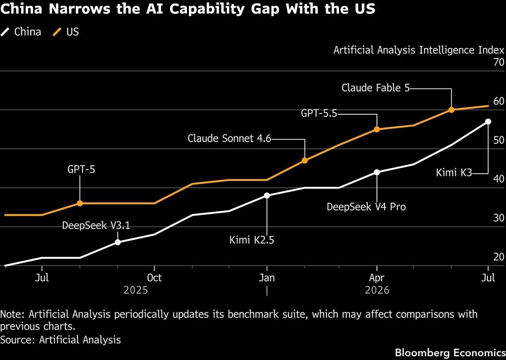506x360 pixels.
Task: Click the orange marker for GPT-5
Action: click(x=80, y=203)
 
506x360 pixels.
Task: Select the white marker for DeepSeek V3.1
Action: click(x=118, y=242)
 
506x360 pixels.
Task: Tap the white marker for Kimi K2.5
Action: click(x=267, y=196)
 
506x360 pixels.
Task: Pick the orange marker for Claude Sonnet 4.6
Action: click(x=305, y=161)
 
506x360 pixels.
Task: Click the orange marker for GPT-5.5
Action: click(x=377, y=129)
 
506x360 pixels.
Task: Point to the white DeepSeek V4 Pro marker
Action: click(x=377, y=172)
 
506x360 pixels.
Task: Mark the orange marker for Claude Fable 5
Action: click(x=451, y=110)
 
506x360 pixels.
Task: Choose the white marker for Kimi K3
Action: click(x=488, y=121)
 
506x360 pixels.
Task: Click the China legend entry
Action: click(x=21, y=32)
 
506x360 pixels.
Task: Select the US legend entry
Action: click(x=66, y=32)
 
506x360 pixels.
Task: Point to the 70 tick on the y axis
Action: click(x=499, y=62)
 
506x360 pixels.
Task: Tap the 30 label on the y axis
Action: click(x=499, y=218)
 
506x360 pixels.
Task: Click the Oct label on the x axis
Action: click(x=154, y=278)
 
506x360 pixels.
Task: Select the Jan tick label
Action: click(x=267, y=278)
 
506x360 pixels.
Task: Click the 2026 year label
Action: click(x=377, y=290)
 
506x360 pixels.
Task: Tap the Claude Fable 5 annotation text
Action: click(x=375, y=88)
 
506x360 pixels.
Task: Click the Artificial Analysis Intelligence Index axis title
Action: click(x=419, y=50)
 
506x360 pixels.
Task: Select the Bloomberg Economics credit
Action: click(x=450, y=352)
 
